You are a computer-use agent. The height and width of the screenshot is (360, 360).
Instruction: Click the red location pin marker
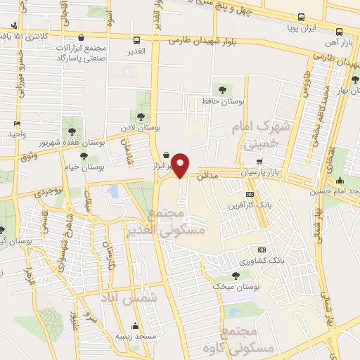coord(181,165)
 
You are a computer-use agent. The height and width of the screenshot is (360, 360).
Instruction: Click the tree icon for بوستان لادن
coord(141,117)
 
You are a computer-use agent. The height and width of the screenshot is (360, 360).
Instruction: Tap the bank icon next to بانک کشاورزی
coord(262,250)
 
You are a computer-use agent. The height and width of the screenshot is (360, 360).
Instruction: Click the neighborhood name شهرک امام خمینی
coord(255,136)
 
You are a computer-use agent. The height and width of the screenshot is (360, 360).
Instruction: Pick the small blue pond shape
coord(112,191)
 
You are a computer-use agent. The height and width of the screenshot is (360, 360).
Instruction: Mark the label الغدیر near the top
coord(138,51)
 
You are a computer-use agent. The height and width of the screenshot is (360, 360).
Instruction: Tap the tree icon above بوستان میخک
coord(235,275)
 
